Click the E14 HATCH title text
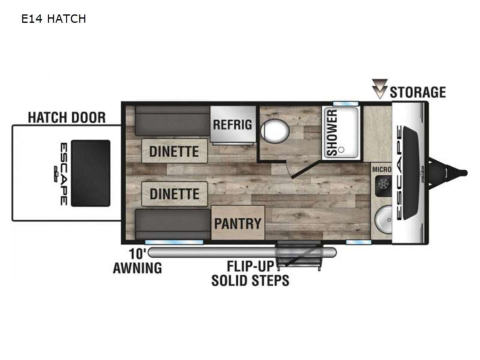[53, 19]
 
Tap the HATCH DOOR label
[67, 118]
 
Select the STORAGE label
[418, 92]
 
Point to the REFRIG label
[232, 125]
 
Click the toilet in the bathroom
[275, 131]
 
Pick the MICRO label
[382, 169]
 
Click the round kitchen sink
[383, 220]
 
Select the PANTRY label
[238, 224]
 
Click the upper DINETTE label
[174, 151]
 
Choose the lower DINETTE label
[174, 194]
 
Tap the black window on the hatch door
[90, 173]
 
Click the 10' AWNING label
[137, 261]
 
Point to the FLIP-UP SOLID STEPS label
[250, 273]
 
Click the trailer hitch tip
[465, 173]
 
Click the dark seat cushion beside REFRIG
[172, 121]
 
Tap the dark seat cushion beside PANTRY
[173, 224]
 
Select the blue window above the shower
[345, 104]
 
